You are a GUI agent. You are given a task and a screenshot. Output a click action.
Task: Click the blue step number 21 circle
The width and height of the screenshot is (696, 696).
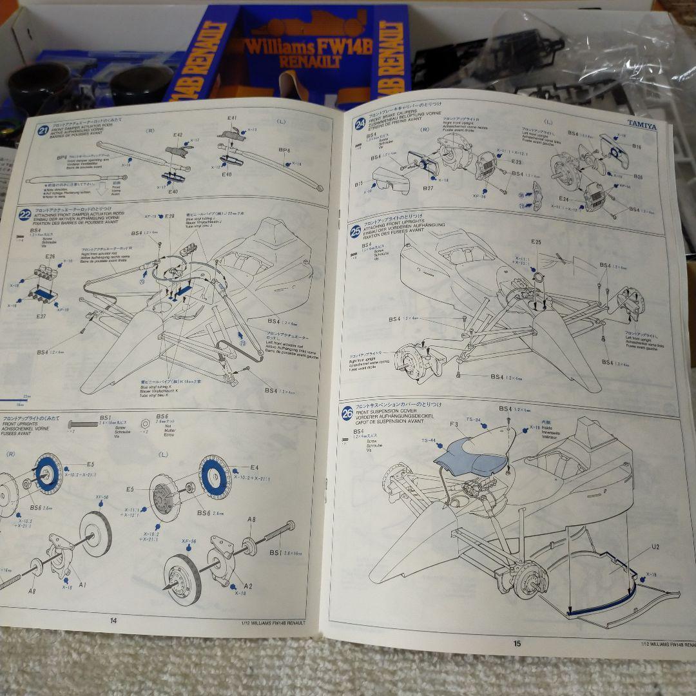pyautogui.click(x=43, y=131)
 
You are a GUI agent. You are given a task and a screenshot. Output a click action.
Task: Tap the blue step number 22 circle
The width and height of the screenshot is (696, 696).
pyautogui.click(x=25, y=215)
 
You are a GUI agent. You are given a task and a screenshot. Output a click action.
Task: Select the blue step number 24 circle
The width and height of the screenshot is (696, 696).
pyautogui.click(x=360, y=123)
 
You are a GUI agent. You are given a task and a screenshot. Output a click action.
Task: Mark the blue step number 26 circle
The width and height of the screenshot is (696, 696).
pyautogui.click(x=349, y=413)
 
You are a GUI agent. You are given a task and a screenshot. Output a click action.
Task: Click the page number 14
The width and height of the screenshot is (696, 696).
pyautogui.click(x=113, y=621)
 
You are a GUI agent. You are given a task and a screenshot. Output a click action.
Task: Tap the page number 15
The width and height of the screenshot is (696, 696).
pyautogui.click(x=517, y=643)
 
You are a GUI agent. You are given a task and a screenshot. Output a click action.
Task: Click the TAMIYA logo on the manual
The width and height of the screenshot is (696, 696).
pyautogui.click(x=642, y=126)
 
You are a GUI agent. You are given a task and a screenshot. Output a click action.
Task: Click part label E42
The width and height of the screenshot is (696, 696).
pyautogui.click(x=179, y=136)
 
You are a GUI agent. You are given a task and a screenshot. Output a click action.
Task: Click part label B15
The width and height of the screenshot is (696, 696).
pyautogui.click(x=358, y=184)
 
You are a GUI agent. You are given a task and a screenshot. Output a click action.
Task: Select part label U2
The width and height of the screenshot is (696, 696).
pyautogui.click(x=655, y=546)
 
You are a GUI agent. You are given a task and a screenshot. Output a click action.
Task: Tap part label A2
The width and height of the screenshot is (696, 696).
pyautogui.click(x=248, y=586)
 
